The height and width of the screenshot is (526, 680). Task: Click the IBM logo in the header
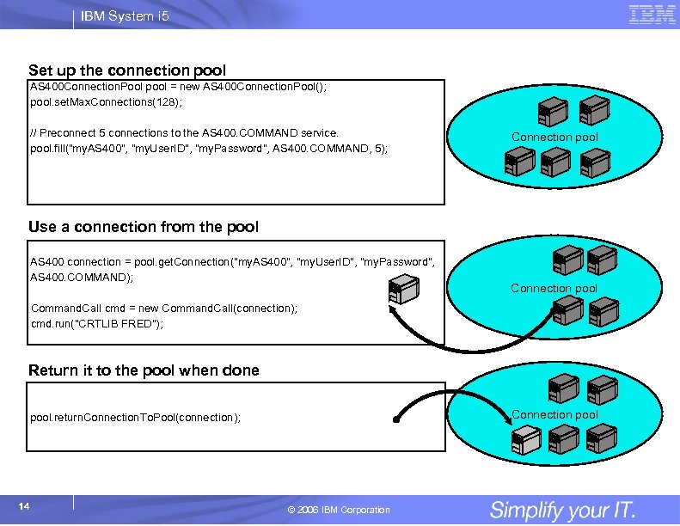(652, 15)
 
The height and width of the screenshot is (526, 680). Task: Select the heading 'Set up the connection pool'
(127, 70)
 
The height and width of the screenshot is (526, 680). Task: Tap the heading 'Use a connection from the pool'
(143, 227)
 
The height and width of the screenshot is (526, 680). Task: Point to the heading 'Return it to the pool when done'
(144, 370)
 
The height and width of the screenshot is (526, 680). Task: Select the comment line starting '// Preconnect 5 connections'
(184, 133)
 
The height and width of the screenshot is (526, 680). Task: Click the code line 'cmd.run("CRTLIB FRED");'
(96, 324)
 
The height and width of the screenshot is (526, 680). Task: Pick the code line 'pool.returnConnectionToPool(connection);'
(135, 418)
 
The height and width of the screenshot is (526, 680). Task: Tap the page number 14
(24, 506)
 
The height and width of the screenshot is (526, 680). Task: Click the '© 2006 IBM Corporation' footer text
(340, 510)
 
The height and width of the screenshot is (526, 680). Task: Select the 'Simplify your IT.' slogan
(562, 510)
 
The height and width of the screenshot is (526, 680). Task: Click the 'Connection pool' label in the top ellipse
(554, 137)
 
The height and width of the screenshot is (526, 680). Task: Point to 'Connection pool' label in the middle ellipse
(554, 288)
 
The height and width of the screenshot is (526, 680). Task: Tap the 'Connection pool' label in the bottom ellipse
(554, 414)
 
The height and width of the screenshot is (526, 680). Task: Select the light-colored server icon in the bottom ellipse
(523, 441)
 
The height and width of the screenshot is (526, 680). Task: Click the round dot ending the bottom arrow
(396, 419)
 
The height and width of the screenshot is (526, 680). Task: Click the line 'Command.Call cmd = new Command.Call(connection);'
(164, 309)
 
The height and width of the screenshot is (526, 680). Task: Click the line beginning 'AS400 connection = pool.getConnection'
(232, 262)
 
